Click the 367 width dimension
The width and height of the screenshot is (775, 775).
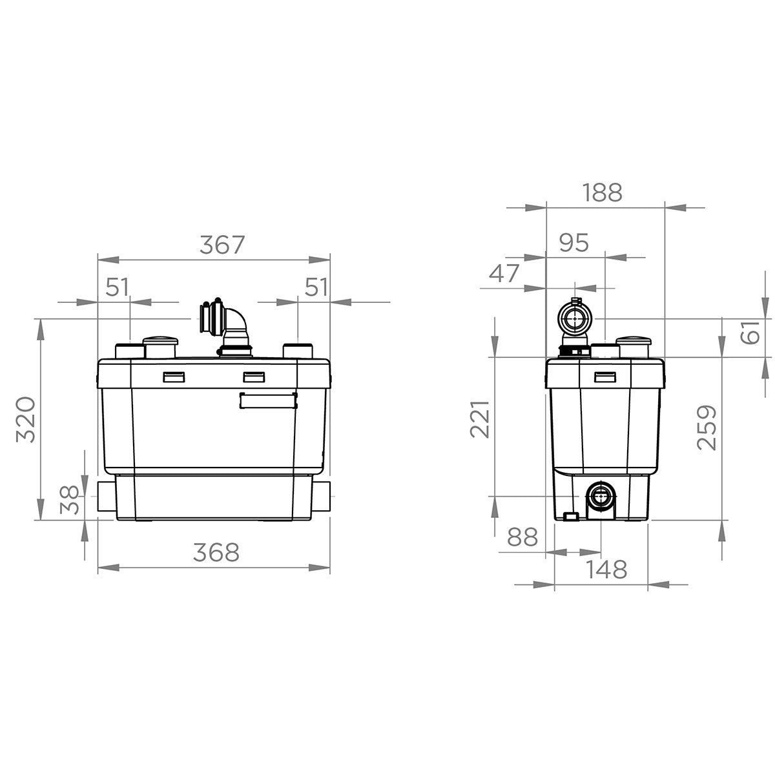pyautogui.click(x=222, y=245)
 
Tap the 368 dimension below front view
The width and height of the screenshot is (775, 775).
pyautogui.click(x=216, y=552)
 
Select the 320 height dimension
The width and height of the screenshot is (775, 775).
pyautogui.click(x=26, y=420)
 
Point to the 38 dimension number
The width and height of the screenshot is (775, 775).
pyautogui.click(x=69, y=500)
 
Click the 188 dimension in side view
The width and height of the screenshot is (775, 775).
pyautogui.click(x=602, y=192)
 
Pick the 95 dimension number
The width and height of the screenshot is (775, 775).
pyautogui.click(x=574, y=243)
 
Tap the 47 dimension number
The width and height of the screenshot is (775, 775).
pyautogui.click(x=504, y=273)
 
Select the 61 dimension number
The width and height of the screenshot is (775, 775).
pyautogui.click(x=750, y=332)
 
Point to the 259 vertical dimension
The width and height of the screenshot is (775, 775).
pyautogui.click(x=707, y=428)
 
